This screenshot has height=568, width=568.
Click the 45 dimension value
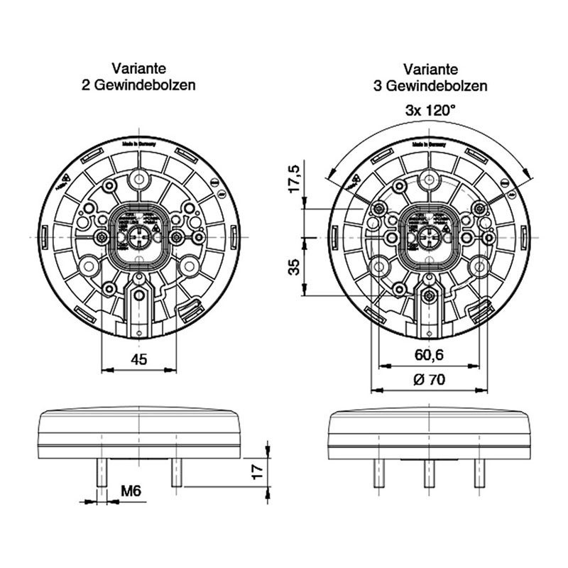click(x=139, y=359)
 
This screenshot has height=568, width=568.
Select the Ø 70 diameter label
click(x=429, y=380)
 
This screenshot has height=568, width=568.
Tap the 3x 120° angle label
click(x=430, y=110)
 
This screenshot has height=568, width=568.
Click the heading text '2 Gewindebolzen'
click(x=139, y=85)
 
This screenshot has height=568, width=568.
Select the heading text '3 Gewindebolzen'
click(x=430, y=85)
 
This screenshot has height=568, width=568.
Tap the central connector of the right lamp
click(x=430, y=236)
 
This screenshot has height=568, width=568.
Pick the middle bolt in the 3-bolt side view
click(x=429, y=473)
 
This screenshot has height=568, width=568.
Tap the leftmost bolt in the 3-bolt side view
click(x=378, y=473)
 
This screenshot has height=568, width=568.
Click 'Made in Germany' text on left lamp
click(x=139, y=143)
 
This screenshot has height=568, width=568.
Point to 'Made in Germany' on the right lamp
click(x=430, y=143)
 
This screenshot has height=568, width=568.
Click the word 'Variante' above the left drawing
click(x=139, y=69)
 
